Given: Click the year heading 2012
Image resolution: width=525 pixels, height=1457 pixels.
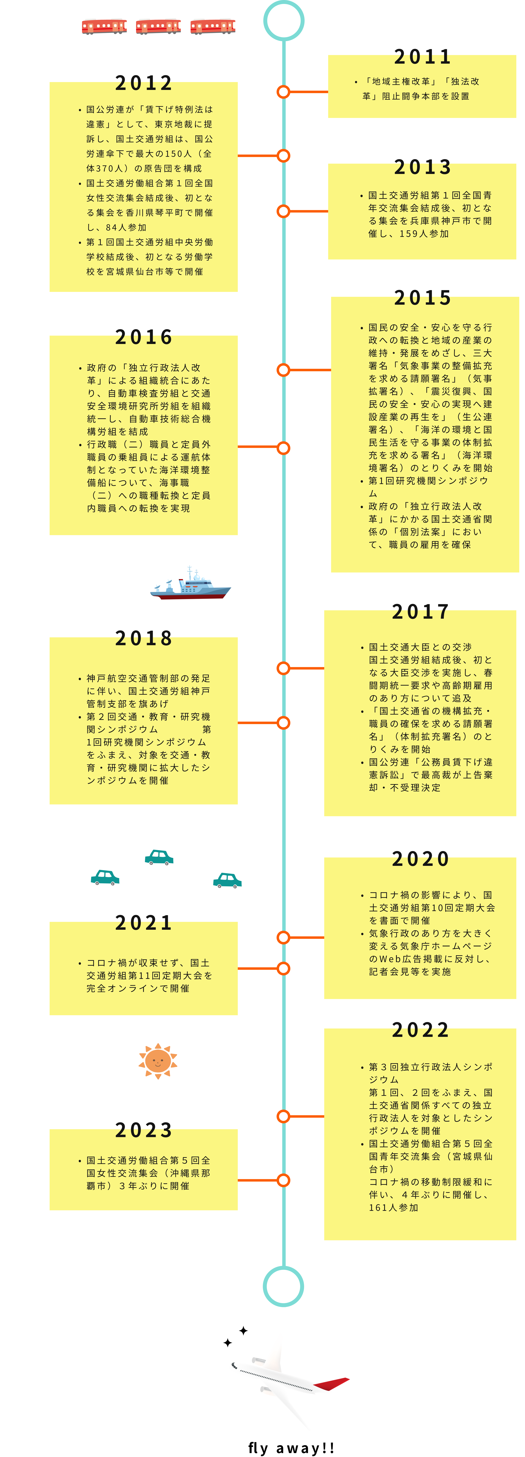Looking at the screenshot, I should pyautogui.click(x=144, y=84).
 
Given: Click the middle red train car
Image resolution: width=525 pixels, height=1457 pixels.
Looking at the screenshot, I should pyautogui.click(x=158, y=26).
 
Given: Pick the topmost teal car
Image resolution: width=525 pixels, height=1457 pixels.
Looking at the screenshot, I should pyautogui.click(x=159, y=857).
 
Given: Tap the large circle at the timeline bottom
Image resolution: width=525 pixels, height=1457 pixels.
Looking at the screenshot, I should pyautogui.click(x=283, y=1286).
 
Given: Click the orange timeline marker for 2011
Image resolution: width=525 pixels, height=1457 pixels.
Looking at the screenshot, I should pyautogui.click(x=283, y=92).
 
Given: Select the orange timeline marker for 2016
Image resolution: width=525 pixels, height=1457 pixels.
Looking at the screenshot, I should pyautogui.click(x=283, y=448).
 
